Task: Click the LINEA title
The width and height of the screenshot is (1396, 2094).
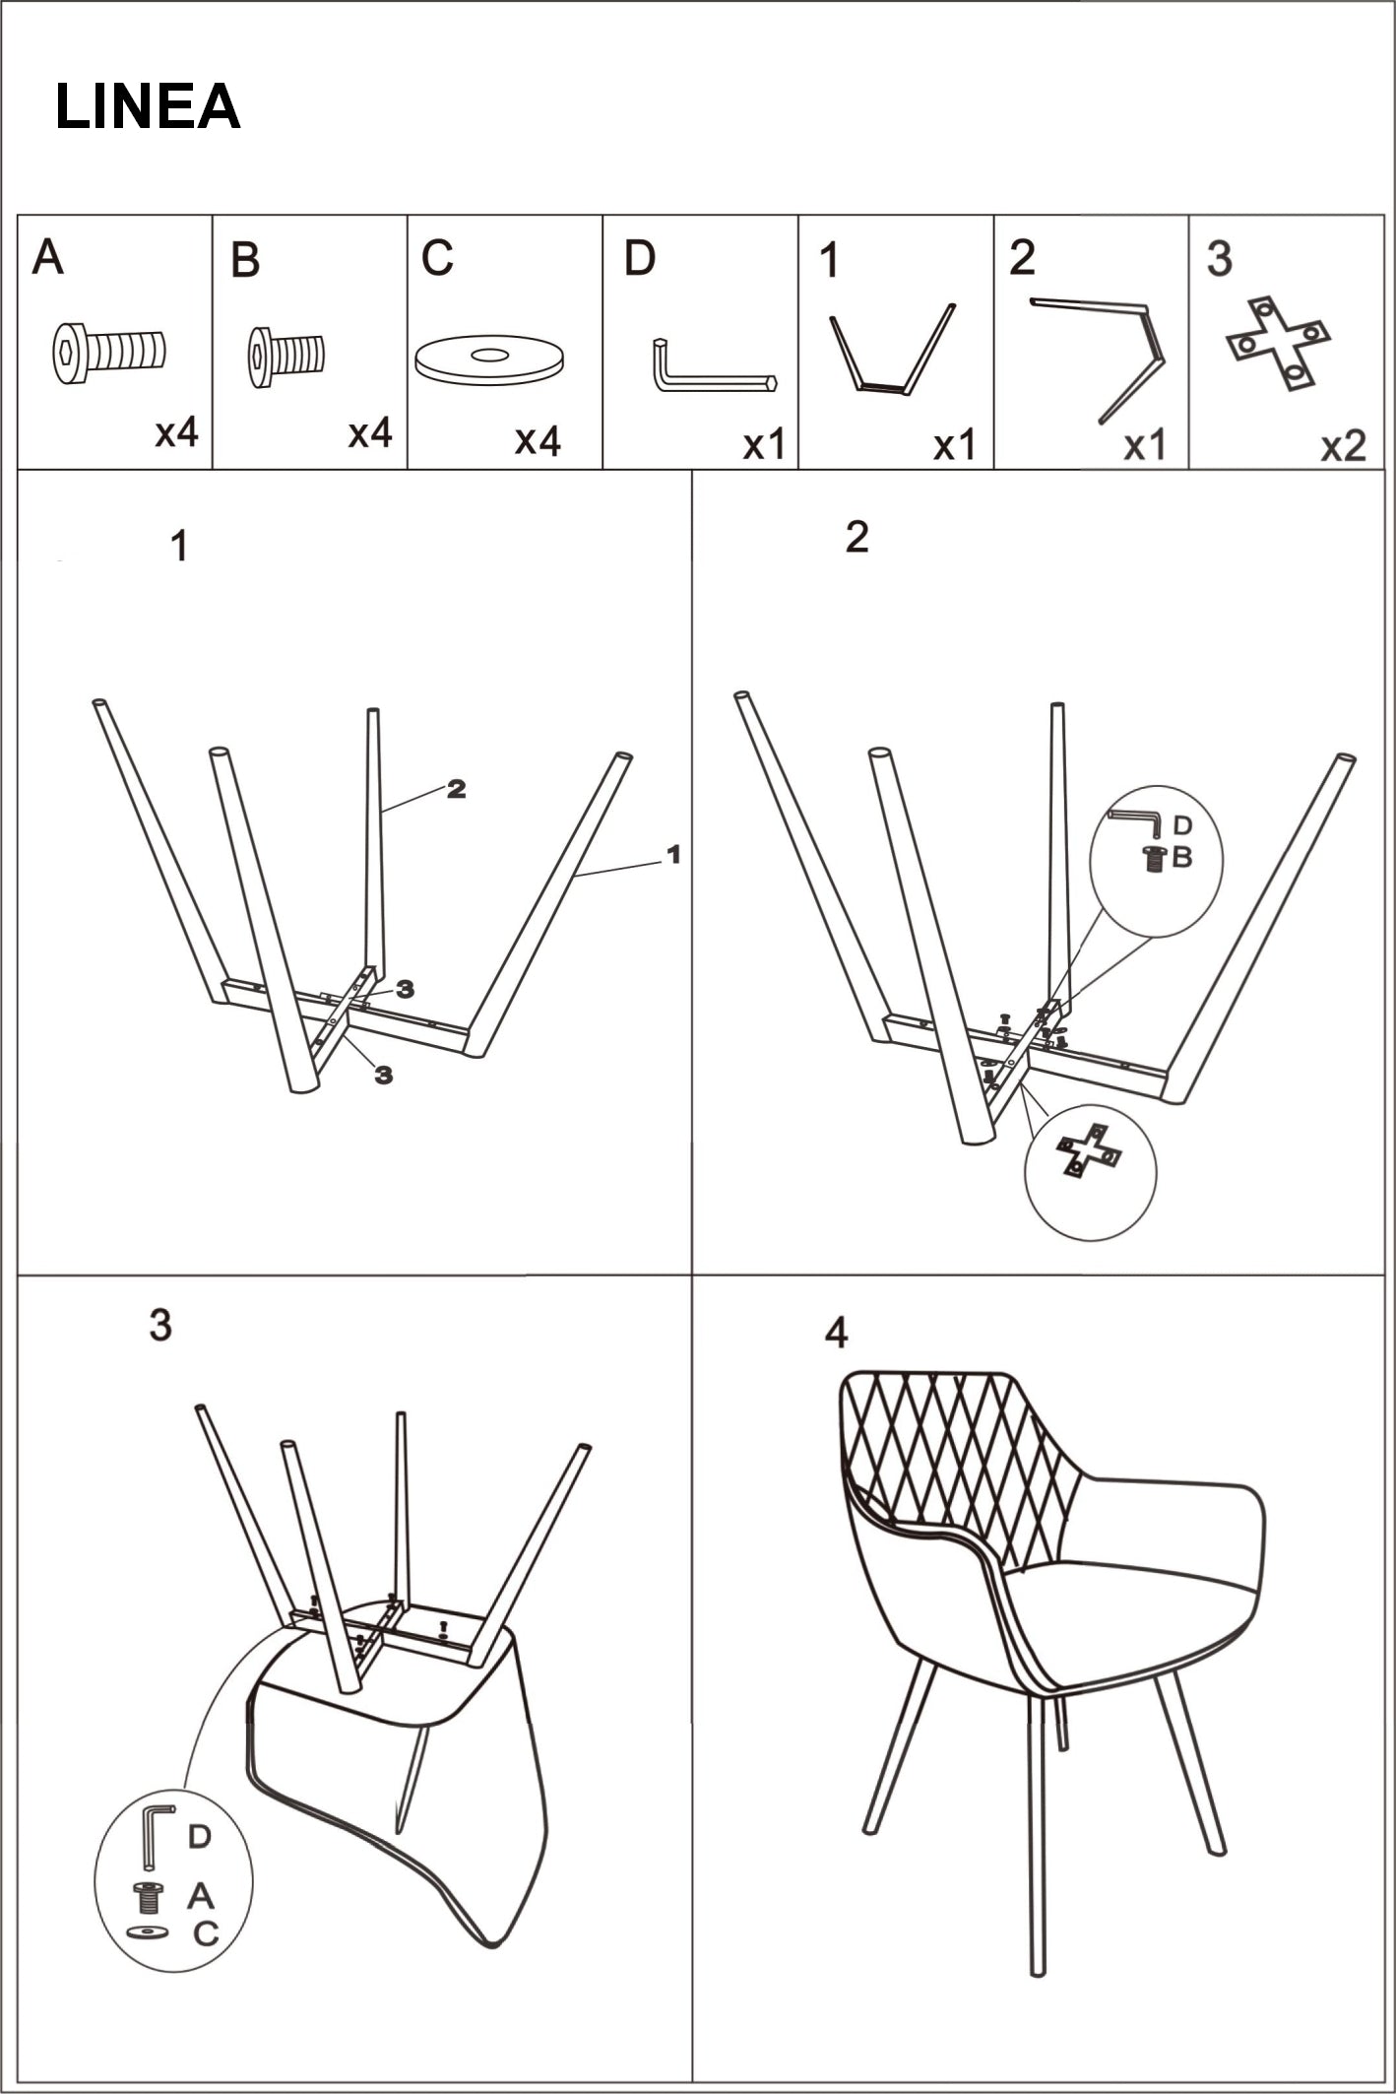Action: coord(148,106)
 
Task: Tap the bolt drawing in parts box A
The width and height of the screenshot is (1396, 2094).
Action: coord(108,352)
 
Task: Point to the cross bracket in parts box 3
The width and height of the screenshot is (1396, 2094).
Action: coord(1278,341)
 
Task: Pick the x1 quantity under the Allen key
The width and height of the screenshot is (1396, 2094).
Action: coord(763,446)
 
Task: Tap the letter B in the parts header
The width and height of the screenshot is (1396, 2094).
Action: coord(244,261)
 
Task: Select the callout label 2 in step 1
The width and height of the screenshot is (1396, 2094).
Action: coord(456,788)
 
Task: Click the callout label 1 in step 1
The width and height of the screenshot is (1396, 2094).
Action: coord(673,854)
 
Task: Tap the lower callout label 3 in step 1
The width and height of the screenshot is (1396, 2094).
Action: coord(384,1076)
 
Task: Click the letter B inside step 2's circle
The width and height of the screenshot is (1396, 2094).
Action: coord(1181,858)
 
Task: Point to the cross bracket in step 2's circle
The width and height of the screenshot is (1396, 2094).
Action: coord(1088,1150)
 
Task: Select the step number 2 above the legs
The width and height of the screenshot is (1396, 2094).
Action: coord(857,538)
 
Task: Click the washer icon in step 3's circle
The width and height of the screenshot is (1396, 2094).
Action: coord(148,1931)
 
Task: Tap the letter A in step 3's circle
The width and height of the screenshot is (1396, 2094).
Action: coord(200,1895)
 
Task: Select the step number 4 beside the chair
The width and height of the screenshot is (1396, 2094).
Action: coord(835,1334)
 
